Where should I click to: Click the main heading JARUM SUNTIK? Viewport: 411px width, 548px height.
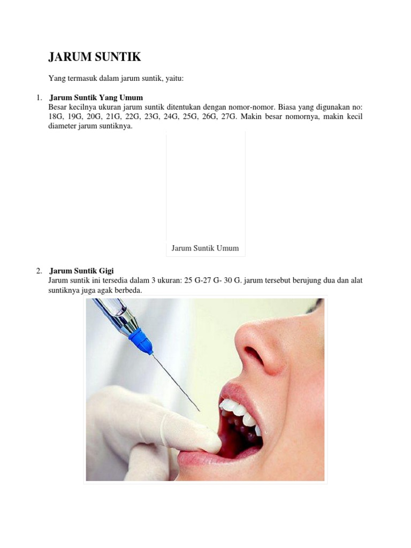point(94,57)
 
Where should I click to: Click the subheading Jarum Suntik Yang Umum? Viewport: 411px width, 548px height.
point(96,97)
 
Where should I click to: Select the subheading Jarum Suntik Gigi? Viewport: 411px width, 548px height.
point(81,271)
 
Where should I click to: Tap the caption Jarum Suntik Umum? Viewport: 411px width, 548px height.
point(205,248)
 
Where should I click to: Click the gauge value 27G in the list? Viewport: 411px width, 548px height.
point(229,116)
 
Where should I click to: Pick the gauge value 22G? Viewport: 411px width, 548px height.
point(133,116)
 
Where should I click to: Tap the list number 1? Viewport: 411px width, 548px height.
point(39,97)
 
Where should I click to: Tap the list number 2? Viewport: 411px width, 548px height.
point(39,271)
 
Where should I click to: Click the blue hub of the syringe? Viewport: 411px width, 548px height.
point(141,341)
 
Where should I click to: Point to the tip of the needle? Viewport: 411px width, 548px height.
point(200,411)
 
